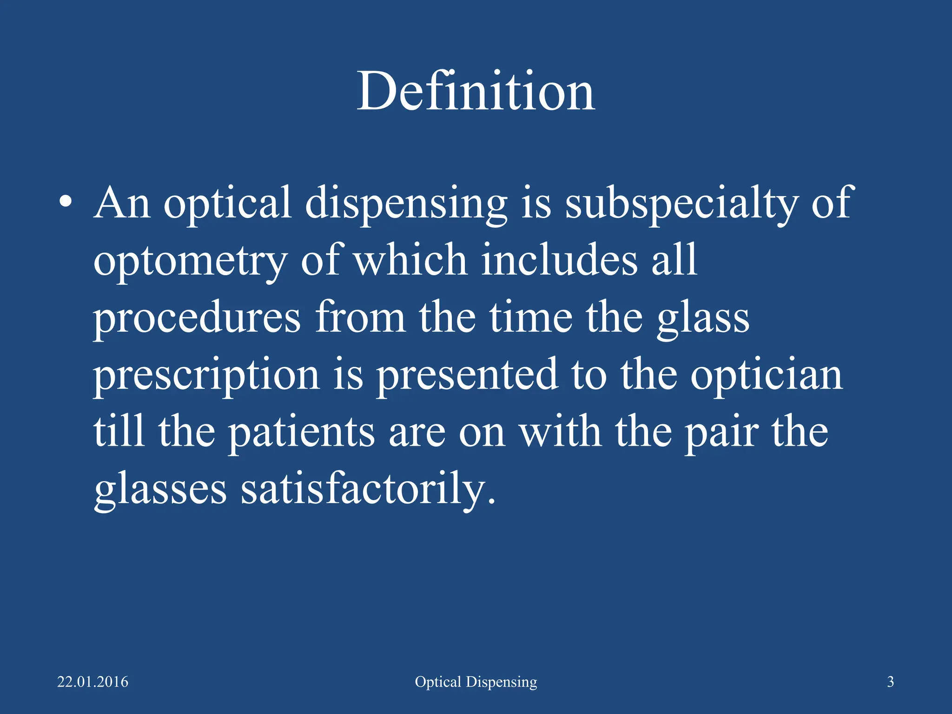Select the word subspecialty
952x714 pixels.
point(681,203)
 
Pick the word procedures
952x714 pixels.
point(197,319)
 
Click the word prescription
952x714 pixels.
point(206,376)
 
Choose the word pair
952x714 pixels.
point(722,433)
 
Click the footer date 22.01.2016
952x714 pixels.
point(93,682)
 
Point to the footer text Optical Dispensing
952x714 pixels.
point(476,682)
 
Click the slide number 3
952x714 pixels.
point(890,682)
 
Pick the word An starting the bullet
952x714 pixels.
point(122,203)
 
